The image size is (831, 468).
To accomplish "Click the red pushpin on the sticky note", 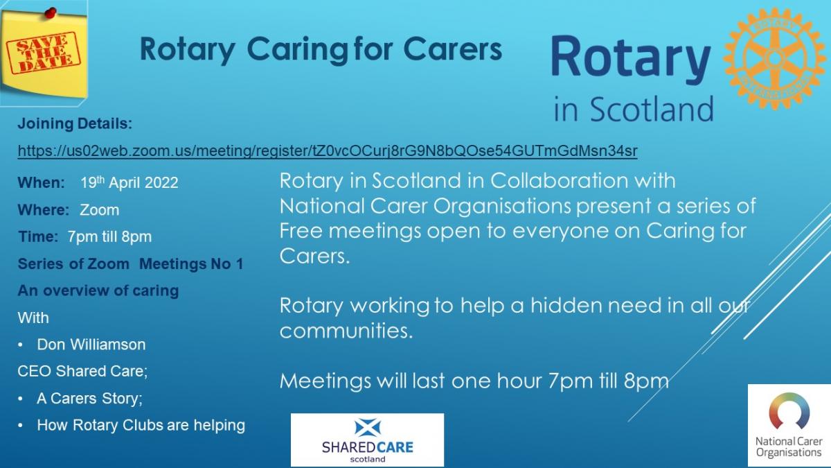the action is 51,13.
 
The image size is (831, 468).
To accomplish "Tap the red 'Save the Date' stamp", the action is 44,53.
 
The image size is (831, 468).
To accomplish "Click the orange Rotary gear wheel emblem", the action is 775,59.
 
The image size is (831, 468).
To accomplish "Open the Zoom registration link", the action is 328,151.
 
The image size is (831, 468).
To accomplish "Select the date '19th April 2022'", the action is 129,182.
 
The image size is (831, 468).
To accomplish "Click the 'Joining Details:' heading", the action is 75,123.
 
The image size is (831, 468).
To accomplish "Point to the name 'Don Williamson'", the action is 91,345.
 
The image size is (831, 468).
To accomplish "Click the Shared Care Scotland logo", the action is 367,440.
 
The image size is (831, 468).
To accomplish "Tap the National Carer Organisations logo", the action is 789,426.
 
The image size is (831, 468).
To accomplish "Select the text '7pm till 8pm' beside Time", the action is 110,236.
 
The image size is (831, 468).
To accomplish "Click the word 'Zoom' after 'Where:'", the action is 100,210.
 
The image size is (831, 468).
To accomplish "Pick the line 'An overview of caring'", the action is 98,291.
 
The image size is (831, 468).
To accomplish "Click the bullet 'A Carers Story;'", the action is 89,398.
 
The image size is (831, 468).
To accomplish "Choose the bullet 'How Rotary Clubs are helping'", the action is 141,425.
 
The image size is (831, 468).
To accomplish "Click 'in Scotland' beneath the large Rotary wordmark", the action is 634,109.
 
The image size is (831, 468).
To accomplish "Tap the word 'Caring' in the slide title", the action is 298,50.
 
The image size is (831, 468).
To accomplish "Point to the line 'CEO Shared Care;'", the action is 82,371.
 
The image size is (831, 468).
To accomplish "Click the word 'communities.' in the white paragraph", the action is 346,330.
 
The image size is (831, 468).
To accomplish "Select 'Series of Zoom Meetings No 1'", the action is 131,263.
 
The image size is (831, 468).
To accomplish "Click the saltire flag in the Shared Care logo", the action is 367,427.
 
